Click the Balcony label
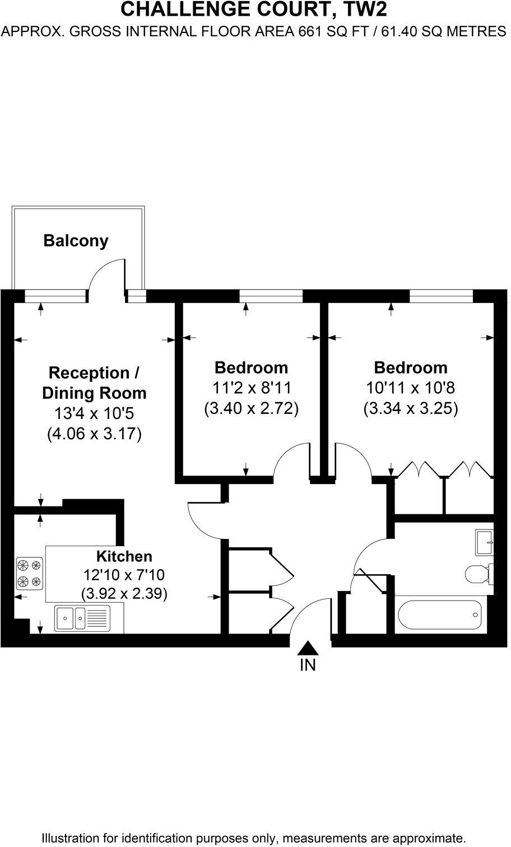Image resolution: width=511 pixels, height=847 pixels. click(x=76, y=241)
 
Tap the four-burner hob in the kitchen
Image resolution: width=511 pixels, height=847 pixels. click(x=30, y=573)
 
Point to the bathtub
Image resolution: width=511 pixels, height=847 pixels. click(x=440, y=615)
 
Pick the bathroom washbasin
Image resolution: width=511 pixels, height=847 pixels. click(x=485, y=542)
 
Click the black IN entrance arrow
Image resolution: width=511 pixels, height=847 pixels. click(x=308, y=648)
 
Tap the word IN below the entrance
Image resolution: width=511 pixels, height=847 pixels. click(x=308, y=665)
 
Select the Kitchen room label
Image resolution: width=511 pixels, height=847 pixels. click(x=124, y=556)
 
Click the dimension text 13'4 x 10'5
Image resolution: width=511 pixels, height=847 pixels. click(x=94, y=413)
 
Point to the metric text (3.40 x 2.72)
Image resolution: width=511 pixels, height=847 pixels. click(x=251, y=408)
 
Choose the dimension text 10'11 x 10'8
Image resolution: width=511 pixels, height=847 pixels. click(x=411, y=388)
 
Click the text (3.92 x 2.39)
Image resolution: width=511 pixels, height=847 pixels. click(x=124, y=593)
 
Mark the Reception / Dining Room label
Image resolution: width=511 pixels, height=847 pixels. click(x=94, y=383)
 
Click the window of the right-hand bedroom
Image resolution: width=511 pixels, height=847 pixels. click(x=441, y=296)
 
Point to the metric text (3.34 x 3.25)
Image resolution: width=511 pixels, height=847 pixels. click(x=411, y=408)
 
